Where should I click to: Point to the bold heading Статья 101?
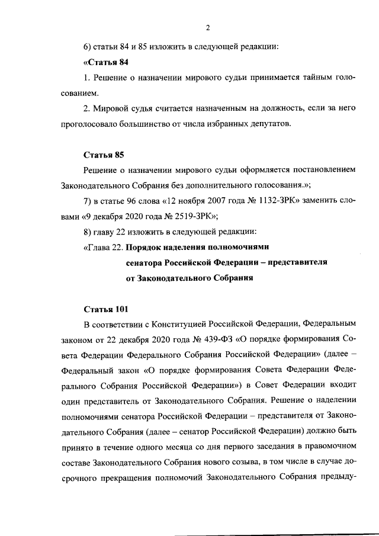(x=105, y=309)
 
